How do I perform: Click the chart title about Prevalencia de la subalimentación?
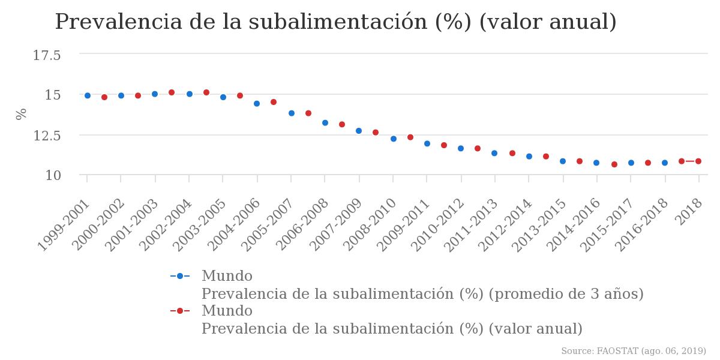(335, 22)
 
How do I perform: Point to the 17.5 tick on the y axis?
(47, 56)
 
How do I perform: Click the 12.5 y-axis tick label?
(47, 136)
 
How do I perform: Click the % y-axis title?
(22, 114)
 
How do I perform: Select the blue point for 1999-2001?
(88, 95)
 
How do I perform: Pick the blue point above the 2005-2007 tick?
(292, 113)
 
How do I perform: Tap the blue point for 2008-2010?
(394, 139)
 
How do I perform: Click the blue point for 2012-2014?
(529, 156)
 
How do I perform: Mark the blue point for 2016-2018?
(665, 163)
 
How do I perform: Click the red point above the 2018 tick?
(698, 161)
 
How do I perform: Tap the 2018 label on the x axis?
(690, 211)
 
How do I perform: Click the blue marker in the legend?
(180, 276)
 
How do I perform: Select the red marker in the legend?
(180, 311)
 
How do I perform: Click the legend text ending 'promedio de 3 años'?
(422, 294)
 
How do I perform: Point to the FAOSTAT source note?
(634, 351)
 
